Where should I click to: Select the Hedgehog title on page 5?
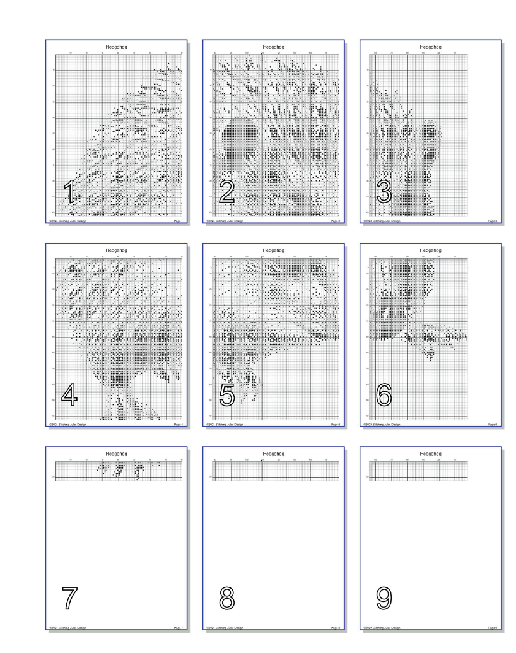274,250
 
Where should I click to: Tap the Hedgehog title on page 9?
430,453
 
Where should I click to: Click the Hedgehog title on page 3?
430,47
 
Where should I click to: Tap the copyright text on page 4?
69,425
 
